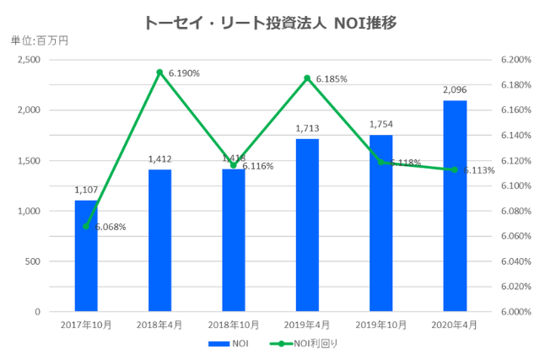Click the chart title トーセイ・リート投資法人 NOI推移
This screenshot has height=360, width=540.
click(270, 20)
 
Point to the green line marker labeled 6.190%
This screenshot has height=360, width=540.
click(159, 72)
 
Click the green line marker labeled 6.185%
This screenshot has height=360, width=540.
click(307, 78)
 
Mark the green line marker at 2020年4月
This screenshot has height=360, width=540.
click(455, 169)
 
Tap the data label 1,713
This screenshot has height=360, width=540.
click(307, 127)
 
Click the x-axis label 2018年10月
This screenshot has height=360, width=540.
click(233, 324)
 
